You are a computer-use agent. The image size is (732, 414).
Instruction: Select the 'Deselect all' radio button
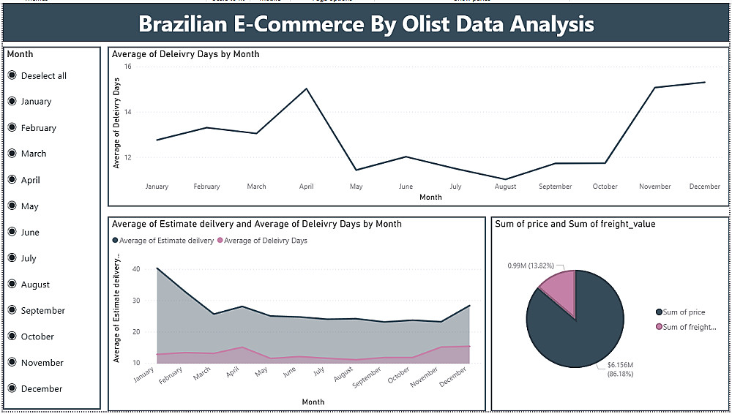(x=12, y=75)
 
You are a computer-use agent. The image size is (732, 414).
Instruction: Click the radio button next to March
(x=12, y=154)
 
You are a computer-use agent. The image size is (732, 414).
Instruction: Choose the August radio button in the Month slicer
(x=12, y=284)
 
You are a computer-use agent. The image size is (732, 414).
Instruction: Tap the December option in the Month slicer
(x=12, y=388)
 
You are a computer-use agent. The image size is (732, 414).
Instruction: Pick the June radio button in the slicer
(x=12, y=232)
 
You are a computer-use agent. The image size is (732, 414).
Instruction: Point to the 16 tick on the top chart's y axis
(x=127, y=67)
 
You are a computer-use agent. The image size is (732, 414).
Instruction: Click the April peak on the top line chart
(x=306, y=89)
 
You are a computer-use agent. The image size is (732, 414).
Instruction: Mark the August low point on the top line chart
(x=505, y=179)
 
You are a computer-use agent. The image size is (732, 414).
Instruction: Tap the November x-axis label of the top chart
(x=654, y=187)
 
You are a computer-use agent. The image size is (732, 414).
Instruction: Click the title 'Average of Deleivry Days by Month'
(x=186, y=54)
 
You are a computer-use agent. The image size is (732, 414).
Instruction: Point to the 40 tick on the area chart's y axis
(x=136, y=269)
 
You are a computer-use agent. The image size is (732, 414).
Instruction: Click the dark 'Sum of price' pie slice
(x=578, y=329)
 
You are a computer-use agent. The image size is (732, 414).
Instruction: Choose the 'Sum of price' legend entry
(x=684, y=312)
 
